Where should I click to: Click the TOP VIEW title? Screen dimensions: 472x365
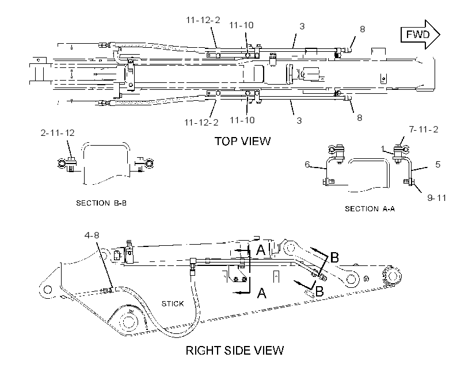243,141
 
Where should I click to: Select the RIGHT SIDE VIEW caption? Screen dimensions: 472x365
234,350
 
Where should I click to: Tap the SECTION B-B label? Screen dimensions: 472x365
101,203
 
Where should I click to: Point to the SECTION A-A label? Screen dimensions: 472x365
370,209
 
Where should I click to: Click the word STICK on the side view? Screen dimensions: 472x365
173,303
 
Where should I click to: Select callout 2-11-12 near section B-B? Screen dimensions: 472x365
58,133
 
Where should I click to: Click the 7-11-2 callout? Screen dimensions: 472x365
423,129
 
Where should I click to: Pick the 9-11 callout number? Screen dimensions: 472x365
436,198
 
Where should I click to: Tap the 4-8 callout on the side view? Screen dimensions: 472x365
92,235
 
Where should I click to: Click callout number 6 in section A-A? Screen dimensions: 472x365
307,164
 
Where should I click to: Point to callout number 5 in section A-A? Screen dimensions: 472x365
437,164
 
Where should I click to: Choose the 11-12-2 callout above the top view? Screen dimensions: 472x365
203,20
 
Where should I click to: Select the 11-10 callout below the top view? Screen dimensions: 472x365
242,120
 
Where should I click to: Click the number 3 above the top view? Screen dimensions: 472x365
302,26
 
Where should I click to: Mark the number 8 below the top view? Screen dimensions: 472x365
359,118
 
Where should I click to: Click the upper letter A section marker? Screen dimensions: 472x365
261,250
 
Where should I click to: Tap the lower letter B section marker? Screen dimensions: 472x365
319,291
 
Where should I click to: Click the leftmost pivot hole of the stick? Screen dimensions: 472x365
48,290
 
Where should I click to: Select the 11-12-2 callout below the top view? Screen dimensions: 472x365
201,123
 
